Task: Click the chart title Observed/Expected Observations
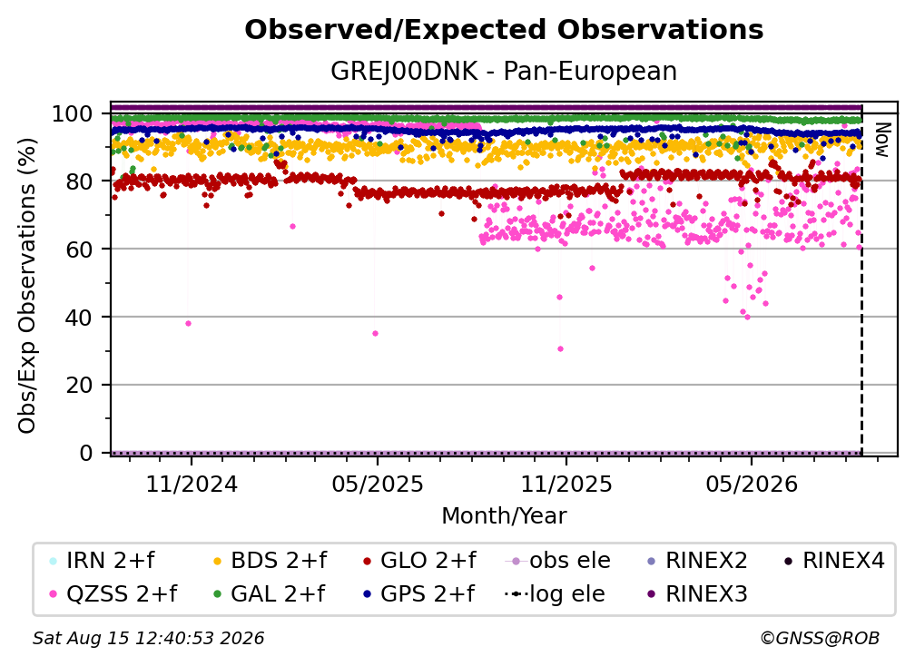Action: tap(504, 30)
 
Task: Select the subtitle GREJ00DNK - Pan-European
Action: tap(504, 71)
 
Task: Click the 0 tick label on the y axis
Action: tap(86, 453)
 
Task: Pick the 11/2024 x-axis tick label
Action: tap(192, 484)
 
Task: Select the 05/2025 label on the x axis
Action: tap(378, 484)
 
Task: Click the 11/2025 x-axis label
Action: tap(566, 484)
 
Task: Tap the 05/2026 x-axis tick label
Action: tap(752, 484)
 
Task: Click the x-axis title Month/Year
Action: tap(504, 516)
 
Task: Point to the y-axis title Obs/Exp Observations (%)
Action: tap(27, 286)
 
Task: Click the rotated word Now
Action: tap(882, 140)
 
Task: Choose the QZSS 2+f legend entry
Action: tap(113, 593)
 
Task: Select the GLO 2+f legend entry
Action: tap(419, 561)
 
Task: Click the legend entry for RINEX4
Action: tap(834, 561)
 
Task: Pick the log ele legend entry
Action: tap(555, 593)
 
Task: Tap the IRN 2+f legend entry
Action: tap(102, 561)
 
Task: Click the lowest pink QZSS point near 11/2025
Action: tap(560, 348)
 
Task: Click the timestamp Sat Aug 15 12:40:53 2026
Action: tap(148, 638)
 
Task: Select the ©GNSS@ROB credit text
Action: tap(820, 638)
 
